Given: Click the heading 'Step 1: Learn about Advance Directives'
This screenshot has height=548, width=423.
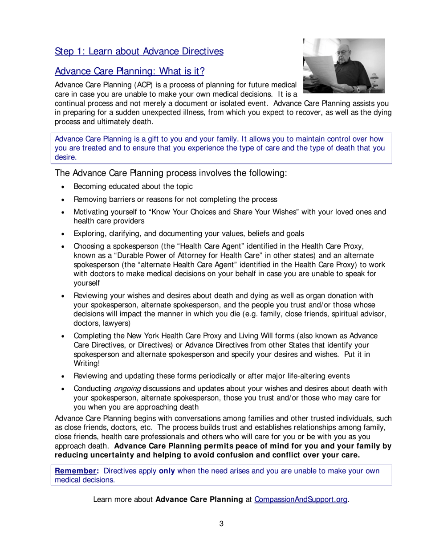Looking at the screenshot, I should coord(139,51).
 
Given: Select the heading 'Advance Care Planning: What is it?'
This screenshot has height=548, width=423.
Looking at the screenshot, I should coord(129,71).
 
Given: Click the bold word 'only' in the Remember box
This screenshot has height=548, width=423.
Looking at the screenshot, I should coord(167,471).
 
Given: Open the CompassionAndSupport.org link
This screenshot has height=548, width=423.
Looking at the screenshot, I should coord(301,499).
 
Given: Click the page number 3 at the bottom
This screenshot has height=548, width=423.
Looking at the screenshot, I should coord(221,523).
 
